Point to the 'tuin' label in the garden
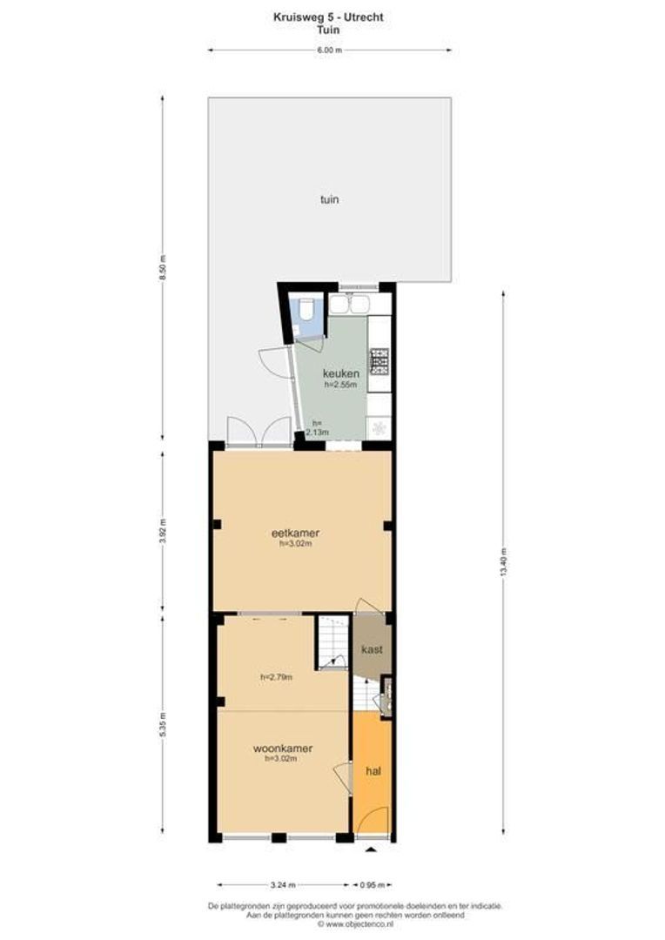329,199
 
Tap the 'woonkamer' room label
283,748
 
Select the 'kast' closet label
373,648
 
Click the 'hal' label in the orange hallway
373,770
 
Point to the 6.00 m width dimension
329,50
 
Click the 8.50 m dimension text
162,267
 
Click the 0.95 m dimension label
373,885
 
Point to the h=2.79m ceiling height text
276,676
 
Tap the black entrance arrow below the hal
372,849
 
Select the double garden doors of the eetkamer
258,431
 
